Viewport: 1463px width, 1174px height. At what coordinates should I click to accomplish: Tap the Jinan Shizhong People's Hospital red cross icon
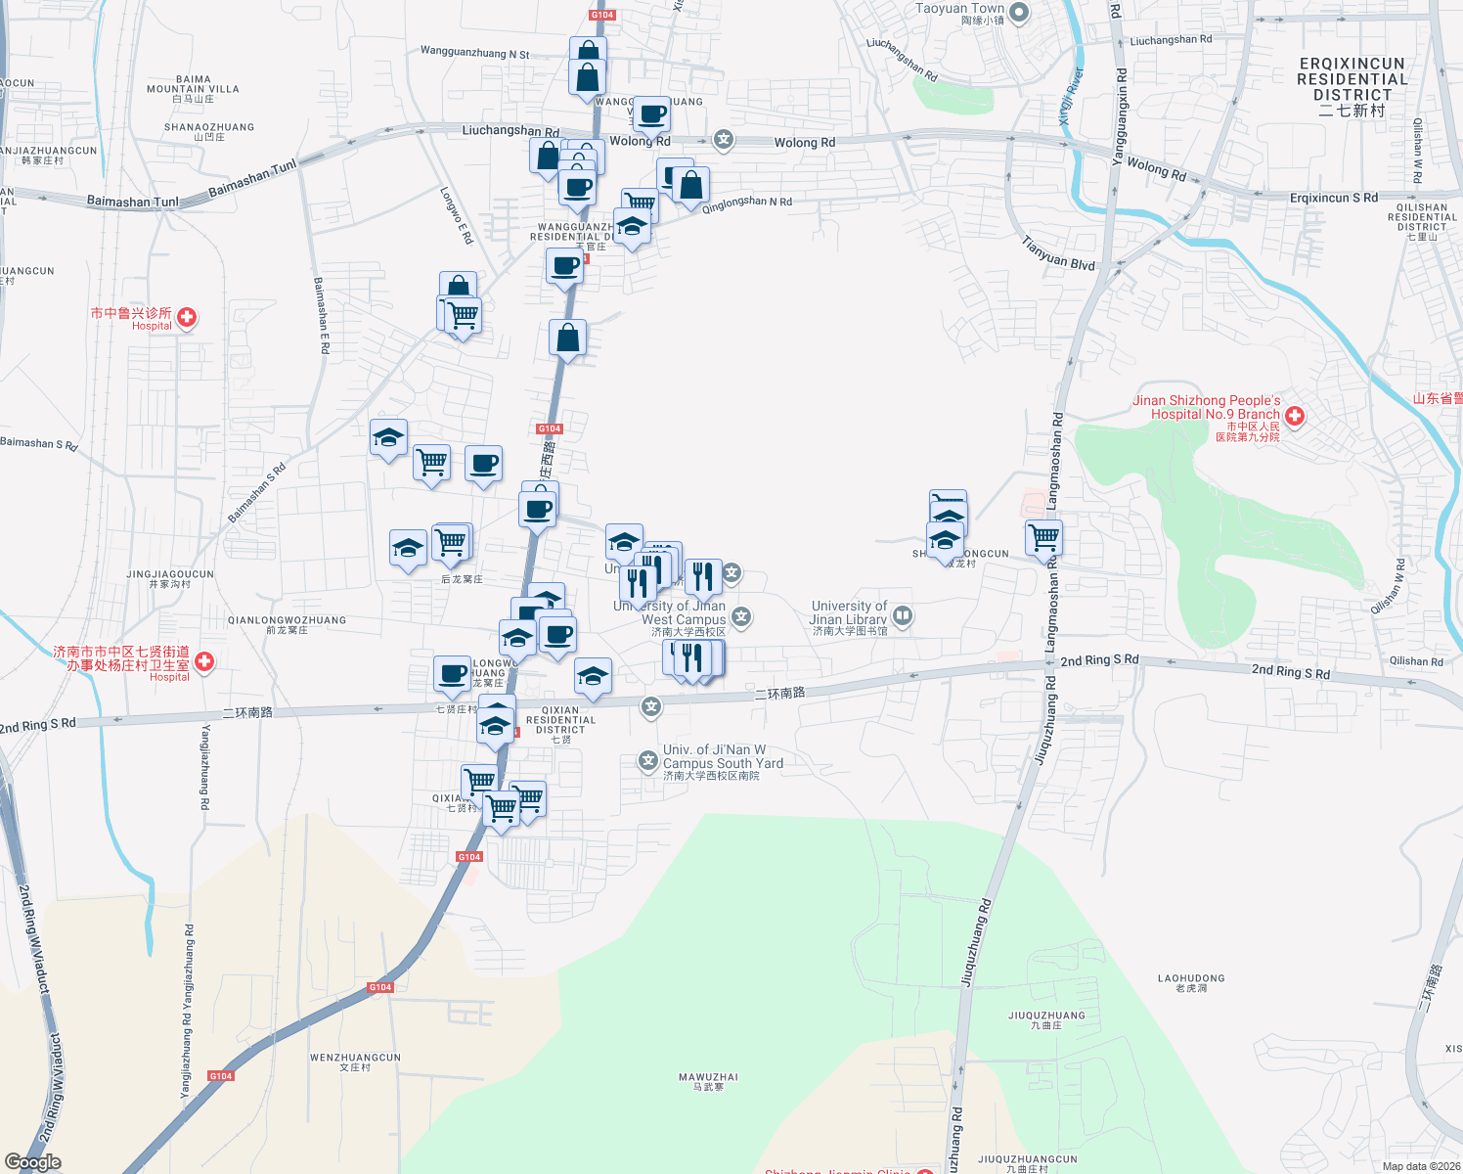click(1295, 417)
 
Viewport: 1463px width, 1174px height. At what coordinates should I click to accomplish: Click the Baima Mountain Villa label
click(193, 88)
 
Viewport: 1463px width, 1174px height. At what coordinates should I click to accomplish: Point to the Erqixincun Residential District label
click(1352, 86)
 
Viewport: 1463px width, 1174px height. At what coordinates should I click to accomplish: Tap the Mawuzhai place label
click(708, 1081)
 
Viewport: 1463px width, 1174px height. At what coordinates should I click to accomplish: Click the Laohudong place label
click(1190, 982)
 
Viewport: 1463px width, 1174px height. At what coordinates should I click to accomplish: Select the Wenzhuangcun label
click(355, 1061)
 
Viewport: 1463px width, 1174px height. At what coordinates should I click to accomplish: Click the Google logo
click(32, 1162)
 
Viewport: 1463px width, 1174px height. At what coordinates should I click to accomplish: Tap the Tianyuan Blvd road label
click(1058, 253)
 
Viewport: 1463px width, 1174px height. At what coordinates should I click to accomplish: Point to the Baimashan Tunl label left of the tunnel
click(133, 202)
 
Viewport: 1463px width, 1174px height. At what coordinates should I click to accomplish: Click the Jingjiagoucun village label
click(170, 578)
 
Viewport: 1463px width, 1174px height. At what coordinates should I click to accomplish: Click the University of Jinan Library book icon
click(903, 615)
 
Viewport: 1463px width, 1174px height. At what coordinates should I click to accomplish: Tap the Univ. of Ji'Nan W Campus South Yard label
click(723, 761)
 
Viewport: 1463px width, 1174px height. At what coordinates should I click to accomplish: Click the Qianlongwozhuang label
click(287, 624)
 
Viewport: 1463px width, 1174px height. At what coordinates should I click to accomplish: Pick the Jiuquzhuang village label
click(1046, 1019)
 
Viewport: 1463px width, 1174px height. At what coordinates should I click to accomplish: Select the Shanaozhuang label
click(209, 131)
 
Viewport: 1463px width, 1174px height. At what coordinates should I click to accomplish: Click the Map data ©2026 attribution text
click(1421, 1166)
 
